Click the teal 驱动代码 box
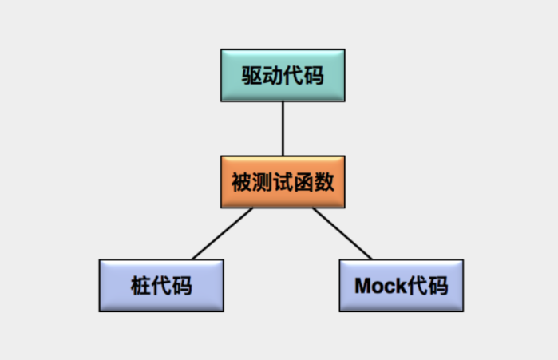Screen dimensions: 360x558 coord(283,74)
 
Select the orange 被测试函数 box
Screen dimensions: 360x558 coord(283,182)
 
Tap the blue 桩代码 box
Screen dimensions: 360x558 coord(161,285)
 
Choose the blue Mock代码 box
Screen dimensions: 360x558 coord(401,285)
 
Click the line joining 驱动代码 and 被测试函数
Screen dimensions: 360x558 coord(283,129)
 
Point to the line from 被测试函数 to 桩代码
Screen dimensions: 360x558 coord(223,234)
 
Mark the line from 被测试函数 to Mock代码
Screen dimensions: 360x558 coord(342,234)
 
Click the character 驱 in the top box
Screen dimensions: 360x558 coord(252,75)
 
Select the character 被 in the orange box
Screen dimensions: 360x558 coord(241,183)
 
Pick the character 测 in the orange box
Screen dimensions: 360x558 coord(262,183)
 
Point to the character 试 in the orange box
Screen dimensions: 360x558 coord(283,183)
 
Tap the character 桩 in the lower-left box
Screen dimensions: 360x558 coord(140,286)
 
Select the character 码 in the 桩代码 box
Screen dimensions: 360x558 coord(182,286)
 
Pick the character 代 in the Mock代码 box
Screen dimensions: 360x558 coord(418,286)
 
